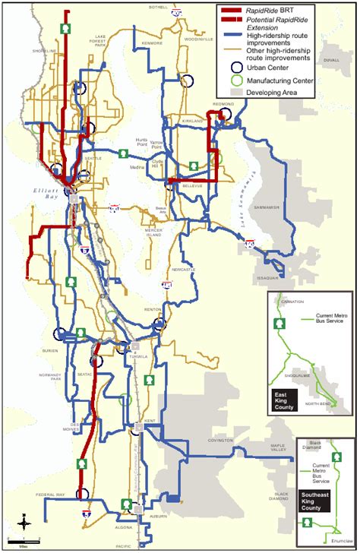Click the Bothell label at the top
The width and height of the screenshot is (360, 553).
coord(158,7)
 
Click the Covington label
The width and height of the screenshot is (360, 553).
coord(220,439)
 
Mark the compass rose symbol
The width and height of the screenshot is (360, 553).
coord(24,523)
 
